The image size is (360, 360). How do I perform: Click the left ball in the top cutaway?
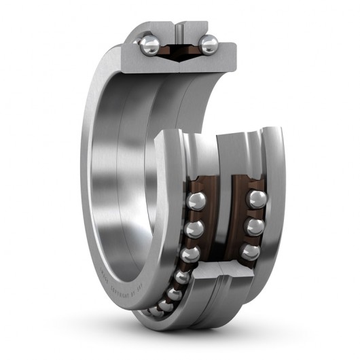coord(149,46)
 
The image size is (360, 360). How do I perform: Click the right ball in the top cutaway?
coord(209,45)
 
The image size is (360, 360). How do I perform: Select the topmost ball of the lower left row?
coord(197,201)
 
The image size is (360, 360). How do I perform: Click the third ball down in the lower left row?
coord(190,253)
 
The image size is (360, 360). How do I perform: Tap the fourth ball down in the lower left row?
coord(182,277)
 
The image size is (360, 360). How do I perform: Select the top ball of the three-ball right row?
coord(256,199)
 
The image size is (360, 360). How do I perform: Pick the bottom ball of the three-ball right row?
coord(251,252)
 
